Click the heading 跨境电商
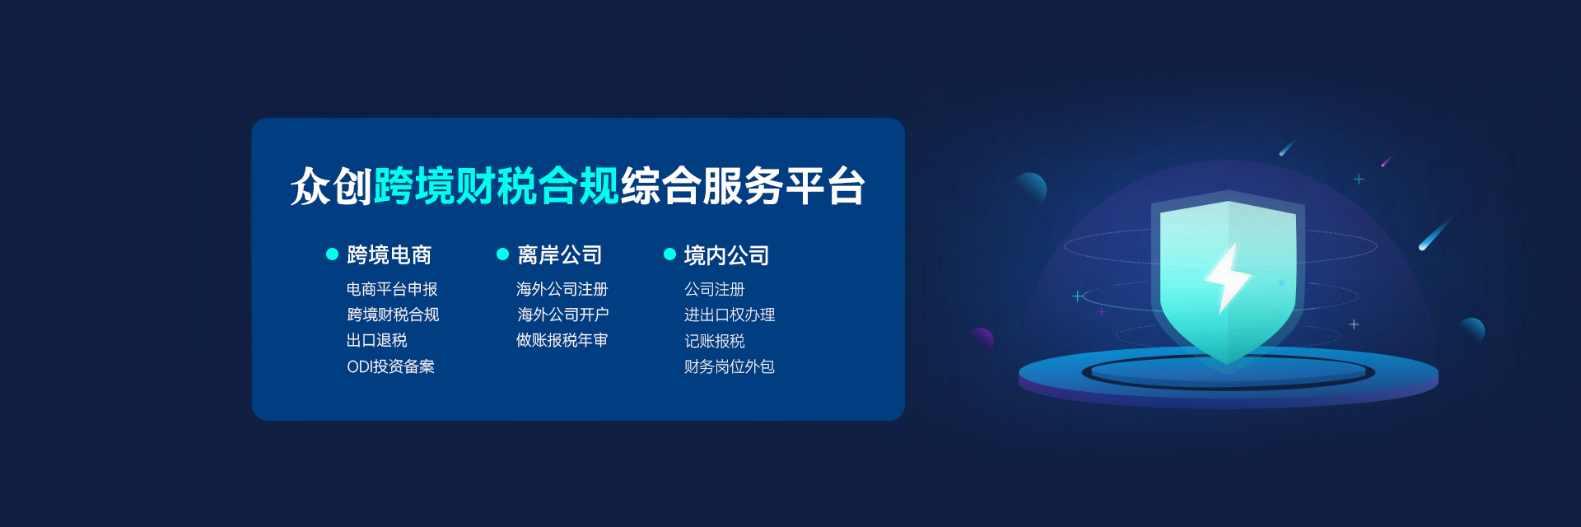click(389, 255)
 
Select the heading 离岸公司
click(560, 255)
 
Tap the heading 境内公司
click(726, 255)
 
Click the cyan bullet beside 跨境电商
click(333, 254)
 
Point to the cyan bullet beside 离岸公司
click(502, 254)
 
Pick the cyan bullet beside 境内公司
click(669, 254)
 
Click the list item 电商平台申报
click(392, 289)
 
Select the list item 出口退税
click(377, 340)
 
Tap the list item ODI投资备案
click(390, 366)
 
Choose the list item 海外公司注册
click(562, 289)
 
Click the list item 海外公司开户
click(563, 315)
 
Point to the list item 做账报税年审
click(562, 340)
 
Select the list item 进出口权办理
click(730, 315)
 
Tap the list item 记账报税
click(715, 341)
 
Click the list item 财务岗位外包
click(730, 366)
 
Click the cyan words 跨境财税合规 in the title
click(497, 186)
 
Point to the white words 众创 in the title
click(332, 186)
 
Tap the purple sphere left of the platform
click(982, 338)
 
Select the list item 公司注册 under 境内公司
click(715, 289)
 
